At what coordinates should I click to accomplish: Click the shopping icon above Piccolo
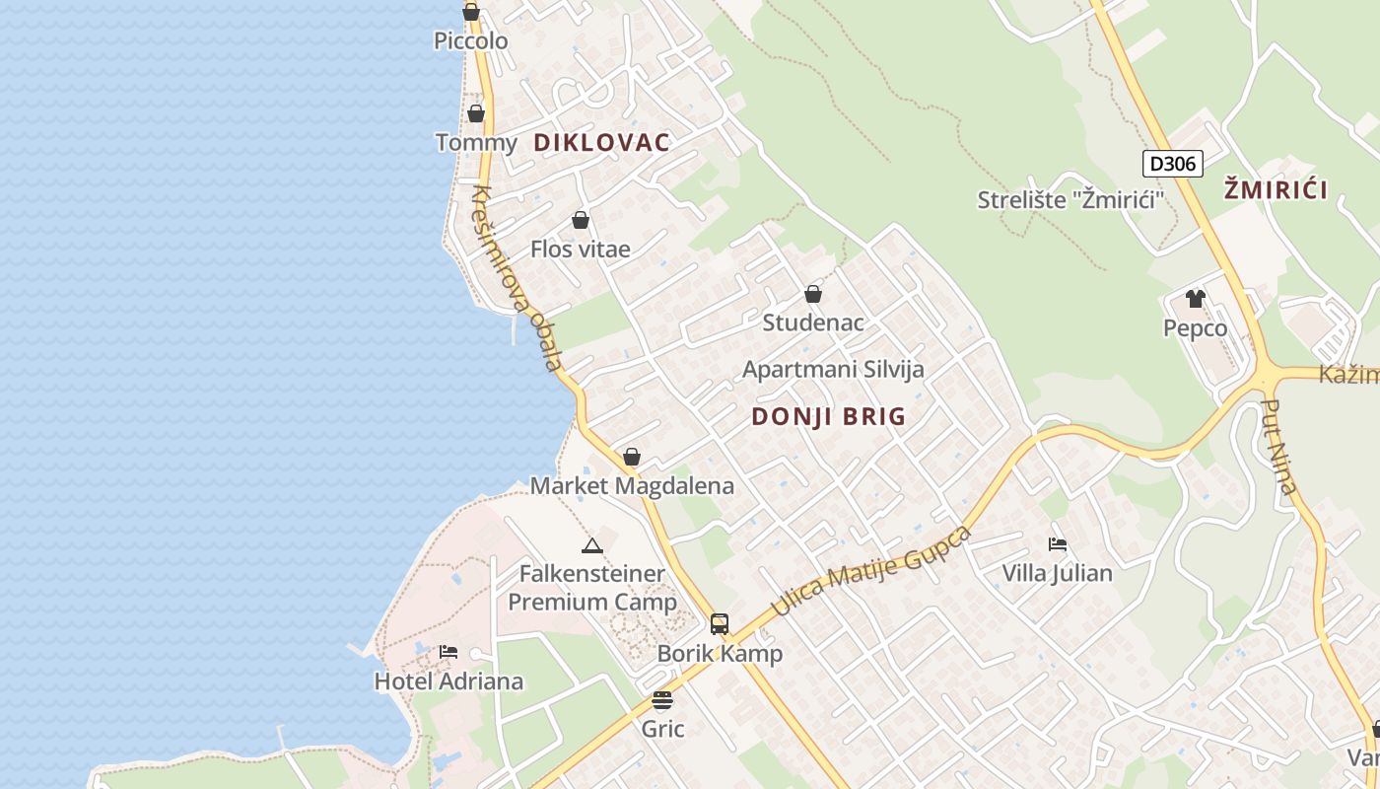[x=471, y=13]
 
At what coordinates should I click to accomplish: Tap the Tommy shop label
[x=476, y=143]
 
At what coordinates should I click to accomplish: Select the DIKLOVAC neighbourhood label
[x=601, y=142]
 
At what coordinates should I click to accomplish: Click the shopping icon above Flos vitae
[x=581, y=220]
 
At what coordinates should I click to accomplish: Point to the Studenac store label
[x=813, y=323]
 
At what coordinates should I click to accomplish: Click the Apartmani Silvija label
[x=833, y=370]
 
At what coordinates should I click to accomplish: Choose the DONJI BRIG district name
[x=828, y=416]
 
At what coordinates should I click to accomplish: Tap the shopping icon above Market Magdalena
[x=632, y=457]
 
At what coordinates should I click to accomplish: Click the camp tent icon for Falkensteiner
[x=591, y=545]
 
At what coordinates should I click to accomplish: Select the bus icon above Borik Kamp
[x=720, y=623]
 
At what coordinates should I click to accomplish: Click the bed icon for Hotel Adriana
[x=448, y=652]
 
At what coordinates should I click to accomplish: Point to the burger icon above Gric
[x=662, y=700]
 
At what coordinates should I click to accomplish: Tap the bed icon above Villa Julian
[x=1058, y=543]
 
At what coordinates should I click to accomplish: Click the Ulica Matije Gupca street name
[x=871, y=571]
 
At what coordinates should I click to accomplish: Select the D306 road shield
[x=1173, y=164]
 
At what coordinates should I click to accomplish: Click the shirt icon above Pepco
[x=1196, y=299]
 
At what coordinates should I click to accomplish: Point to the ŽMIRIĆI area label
[x=1276, y=189]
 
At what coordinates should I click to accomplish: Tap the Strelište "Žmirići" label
[x=1070, y=200]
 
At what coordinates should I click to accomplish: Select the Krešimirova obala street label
[x=517, y=278]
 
